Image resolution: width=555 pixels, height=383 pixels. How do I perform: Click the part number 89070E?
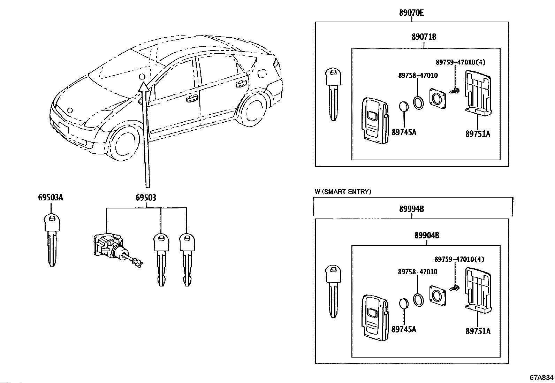[411, 13]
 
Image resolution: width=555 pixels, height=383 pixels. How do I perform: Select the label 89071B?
[424, 37]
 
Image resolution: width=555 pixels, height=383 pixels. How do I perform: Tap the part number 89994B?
[411, 209]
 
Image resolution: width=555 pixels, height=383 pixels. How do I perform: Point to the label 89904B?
[427, 235]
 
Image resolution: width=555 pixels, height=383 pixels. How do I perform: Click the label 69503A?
[51, 198]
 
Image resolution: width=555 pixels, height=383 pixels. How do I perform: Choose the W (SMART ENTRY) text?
[343, 192]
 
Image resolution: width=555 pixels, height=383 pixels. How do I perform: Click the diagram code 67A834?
[541, 377]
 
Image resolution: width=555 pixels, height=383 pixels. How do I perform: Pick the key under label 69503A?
[52, 240]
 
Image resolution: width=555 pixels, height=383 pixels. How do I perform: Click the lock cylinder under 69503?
[116, 250]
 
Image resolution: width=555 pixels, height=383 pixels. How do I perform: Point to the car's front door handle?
[192, 98]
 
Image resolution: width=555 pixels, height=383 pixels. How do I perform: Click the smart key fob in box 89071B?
[375, 121]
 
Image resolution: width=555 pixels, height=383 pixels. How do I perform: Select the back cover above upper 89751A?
[478, 93]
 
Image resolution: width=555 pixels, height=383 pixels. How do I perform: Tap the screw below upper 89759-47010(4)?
[454, 91]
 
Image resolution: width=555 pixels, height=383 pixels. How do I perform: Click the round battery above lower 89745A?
[404, 304]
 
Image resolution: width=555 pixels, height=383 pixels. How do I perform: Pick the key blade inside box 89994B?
[333, 291]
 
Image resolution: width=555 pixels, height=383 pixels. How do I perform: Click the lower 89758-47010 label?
[418, 272]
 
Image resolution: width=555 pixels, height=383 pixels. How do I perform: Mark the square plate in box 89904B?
[438, 296]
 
